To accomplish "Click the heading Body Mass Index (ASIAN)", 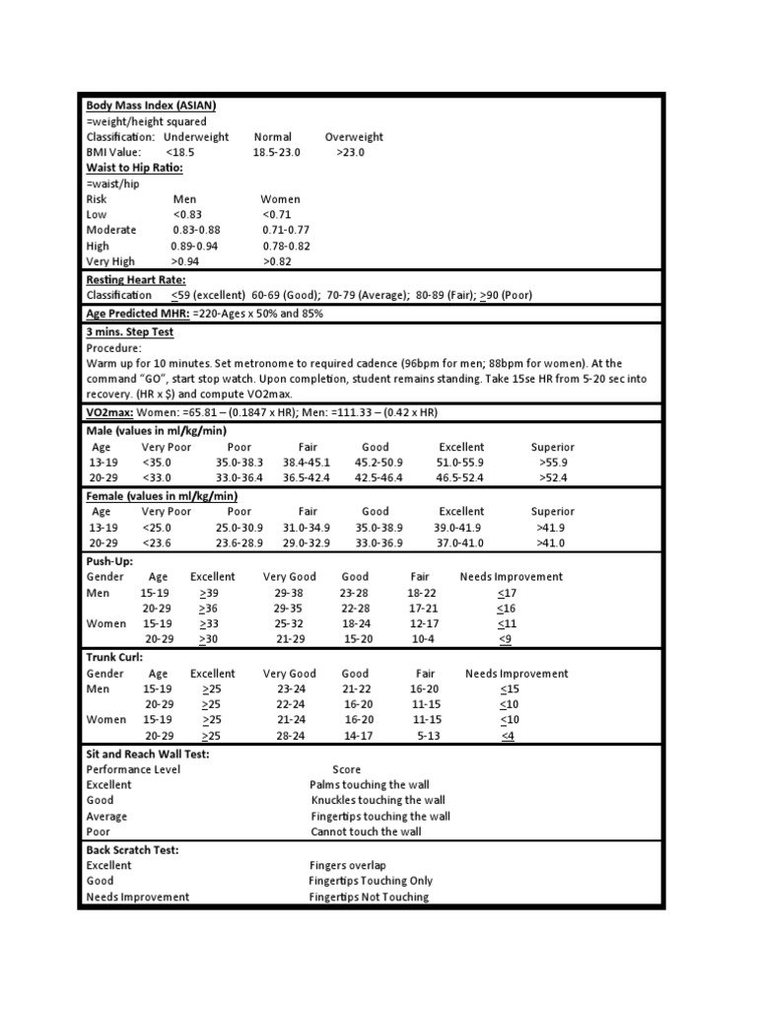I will click(151, 106).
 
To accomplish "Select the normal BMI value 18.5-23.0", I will click(276, 153).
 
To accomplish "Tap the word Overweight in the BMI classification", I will click(354, 137).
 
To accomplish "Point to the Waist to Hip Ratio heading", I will click(135, 168).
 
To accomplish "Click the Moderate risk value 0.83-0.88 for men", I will click(196, 230).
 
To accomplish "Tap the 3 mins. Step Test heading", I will click(129, 332).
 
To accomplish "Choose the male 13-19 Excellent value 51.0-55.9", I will click(460, 463).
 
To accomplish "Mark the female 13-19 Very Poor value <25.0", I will click(159, 528).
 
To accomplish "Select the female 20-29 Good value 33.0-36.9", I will click(379, 543).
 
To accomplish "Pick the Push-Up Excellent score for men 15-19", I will click(209, 593).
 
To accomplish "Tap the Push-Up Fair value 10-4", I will click(422, 639).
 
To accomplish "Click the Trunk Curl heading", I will click(115, 656).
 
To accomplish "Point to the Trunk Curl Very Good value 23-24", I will click(292, 689).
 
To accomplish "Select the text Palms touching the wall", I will click(371, 785).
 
